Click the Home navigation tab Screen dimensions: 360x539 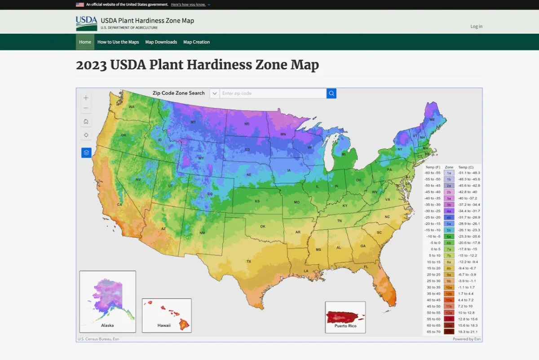point(85,42)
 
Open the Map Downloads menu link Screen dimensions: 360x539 point(161,42)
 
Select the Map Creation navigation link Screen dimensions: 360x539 point(196,42)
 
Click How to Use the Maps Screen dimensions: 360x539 point(118,42)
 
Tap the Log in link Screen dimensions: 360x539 point(476,27)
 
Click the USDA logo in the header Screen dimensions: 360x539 point(86,23)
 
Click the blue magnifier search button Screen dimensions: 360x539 point(331,93)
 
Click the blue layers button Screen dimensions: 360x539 point(86,153)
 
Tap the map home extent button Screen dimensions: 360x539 point(86,121)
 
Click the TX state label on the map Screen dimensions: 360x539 point(248,261)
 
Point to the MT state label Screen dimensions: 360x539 point(193,122)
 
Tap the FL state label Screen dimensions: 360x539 point(366,267)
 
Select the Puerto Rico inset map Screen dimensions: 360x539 point(345,317)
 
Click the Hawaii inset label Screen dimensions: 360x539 point(164,325)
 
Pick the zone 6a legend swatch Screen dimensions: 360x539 point(449,236)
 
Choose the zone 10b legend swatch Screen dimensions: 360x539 point(449,293)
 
